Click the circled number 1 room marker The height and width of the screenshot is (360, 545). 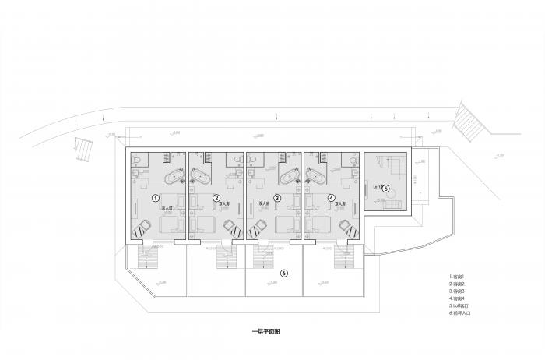156,198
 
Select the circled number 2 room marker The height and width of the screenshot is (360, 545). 216,198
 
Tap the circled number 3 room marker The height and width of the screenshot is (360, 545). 277,198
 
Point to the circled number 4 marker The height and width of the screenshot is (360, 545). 331,198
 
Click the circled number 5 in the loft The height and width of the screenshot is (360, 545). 385,188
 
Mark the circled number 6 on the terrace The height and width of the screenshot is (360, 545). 284,274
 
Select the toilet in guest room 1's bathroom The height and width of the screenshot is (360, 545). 138,160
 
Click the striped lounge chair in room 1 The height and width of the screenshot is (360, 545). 141,229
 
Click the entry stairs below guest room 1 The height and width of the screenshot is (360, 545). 144,256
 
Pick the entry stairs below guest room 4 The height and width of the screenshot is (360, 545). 343,256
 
